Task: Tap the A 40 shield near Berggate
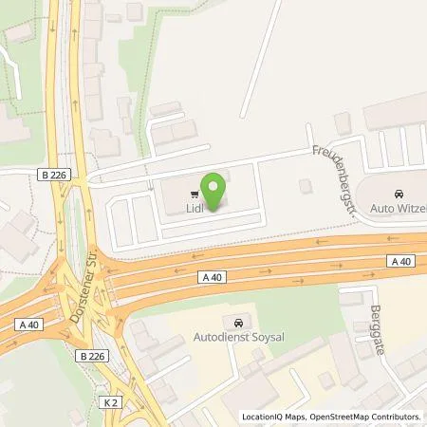[399, 260]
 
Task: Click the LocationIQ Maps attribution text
[271, 416]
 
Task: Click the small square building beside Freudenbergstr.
[306, 185]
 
